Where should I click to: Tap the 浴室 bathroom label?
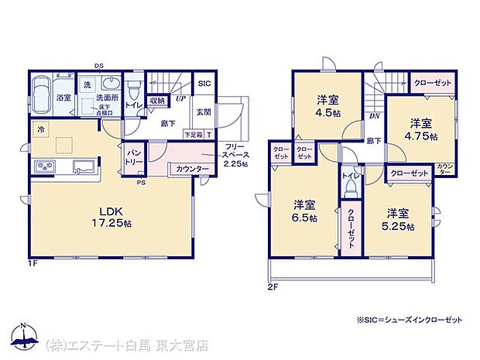42,98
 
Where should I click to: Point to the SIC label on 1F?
204,84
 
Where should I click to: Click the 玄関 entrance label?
202,111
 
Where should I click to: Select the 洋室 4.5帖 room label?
327,105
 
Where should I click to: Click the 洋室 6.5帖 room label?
305,211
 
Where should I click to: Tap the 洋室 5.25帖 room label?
400,219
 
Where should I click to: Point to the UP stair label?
180,99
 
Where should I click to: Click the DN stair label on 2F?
373,116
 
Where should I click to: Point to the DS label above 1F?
98,66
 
